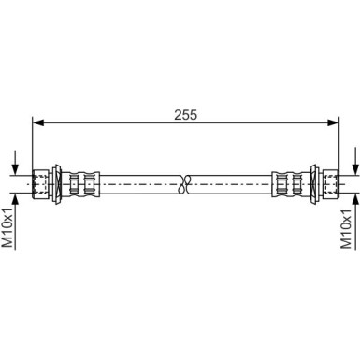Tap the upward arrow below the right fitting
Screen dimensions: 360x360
[x=353, y=201]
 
